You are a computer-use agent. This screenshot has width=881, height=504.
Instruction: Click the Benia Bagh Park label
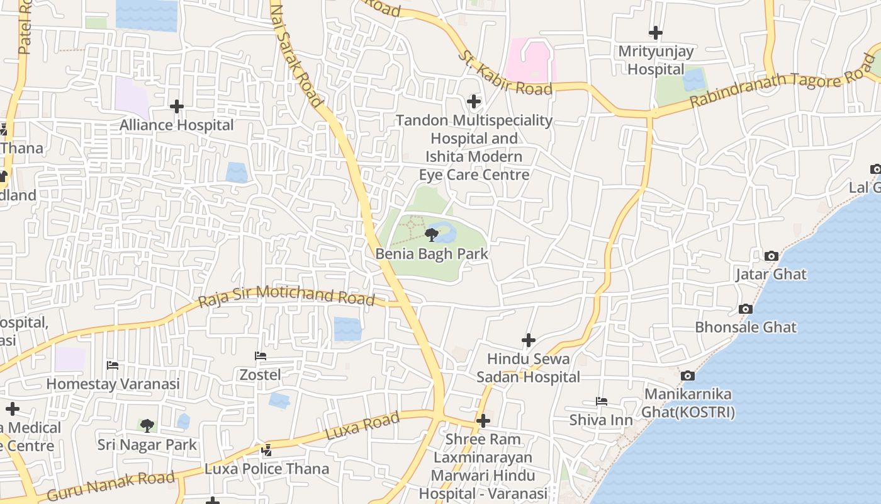click(x=432, y=254)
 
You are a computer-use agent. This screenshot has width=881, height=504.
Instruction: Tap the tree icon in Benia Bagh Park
click(x=432, y=235)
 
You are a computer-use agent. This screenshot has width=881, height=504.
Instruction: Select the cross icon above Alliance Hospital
click(x=177, y=106)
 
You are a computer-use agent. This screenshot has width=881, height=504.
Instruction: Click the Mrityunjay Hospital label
click(x=656, y=60)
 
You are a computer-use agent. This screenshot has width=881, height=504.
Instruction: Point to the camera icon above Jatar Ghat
click(x=771, y=256)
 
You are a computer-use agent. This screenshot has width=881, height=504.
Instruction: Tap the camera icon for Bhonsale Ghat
click(x=746, y=309)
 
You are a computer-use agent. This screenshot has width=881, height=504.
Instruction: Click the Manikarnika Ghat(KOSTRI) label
click(x=688, y=403)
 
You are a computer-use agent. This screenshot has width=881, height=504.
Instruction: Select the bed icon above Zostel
click(x=261, y=356)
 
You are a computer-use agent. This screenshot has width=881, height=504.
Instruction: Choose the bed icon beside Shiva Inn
click(x=602, y=401)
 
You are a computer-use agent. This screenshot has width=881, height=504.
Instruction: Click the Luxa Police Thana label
click(x=267, y=469)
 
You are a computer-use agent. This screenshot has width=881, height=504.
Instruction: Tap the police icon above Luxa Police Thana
click(x=267, y=450)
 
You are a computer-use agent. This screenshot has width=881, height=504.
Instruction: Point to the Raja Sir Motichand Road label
click(x=286, y=296)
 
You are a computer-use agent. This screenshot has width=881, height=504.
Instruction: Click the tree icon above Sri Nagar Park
click(x=147, y=426)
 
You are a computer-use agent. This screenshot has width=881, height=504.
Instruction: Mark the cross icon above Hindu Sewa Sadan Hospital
click(x=529, y=340)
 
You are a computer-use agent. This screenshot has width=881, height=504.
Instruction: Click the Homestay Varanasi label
click(x=113, y=384)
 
